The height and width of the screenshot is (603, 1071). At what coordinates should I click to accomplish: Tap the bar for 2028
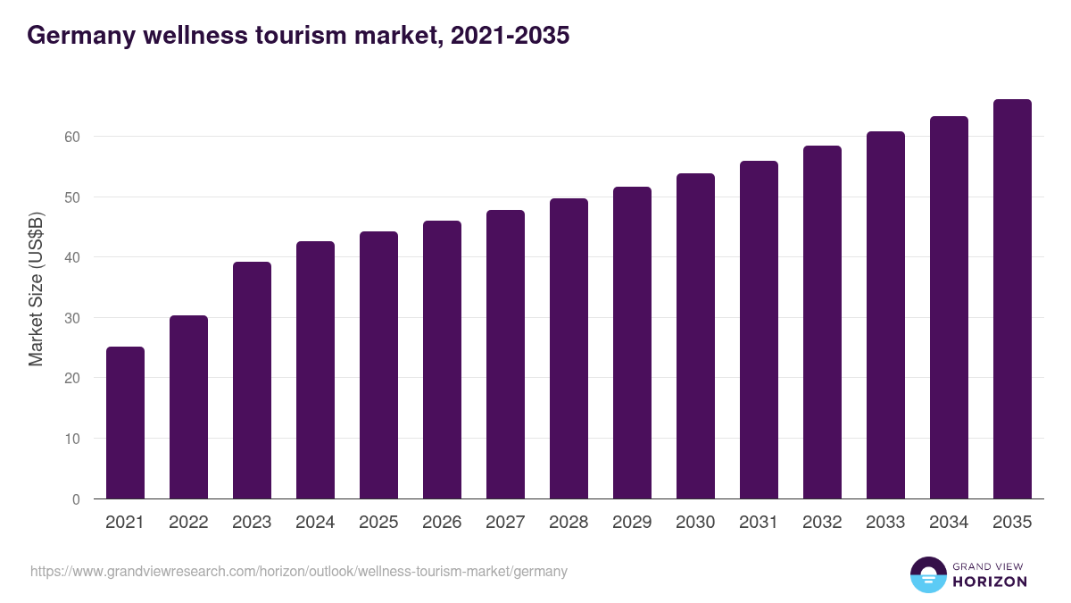[569, 348]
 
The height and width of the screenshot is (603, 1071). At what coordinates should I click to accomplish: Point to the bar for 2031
[759, 330]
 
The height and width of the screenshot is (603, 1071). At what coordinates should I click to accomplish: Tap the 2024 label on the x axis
[315, 523]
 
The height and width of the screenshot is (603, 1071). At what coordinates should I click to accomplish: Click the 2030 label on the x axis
[695, 523]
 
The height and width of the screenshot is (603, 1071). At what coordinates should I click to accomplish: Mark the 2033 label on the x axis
[885, 523]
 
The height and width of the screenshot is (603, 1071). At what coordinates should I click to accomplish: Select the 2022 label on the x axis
[188, 523]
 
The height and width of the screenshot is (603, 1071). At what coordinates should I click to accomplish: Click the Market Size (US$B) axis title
[36, 289]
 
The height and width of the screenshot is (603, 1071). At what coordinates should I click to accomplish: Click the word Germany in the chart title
[78, 36]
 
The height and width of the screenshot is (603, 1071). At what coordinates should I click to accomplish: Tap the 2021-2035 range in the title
[510, 36]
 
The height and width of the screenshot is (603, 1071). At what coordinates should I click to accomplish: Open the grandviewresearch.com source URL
[299, 571]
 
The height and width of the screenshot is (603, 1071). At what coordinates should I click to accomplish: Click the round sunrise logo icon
[927, 574]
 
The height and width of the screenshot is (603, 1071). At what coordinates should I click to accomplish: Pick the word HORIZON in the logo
[989, 582]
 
